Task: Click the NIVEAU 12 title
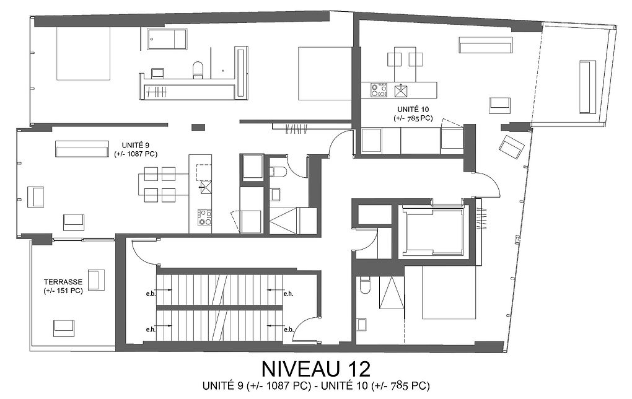point(315,368)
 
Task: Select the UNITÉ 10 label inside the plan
point(413,109)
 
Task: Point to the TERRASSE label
point(63,282)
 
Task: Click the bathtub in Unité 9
point(167,39)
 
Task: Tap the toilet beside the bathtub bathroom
point(198,70)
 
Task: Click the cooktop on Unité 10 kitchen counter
point(379,90)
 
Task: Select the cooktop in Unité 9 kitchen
point(204,217)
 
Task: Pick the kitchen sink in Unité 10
point(401,90)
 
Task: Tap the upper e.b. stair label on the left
point(151,294)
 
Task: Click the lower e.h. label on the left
point(151,329)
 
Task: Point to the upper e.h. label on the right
point(288,294)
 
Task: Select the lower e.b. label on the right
point(289,329)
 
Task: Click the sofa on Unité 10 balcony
point(587,87)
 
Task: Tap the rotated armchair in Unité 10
point(511,147)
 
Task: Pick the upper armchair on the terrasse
point(96,280)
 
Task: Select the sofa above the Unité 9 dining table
point(82,149)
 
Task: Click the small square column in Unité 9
point(198,128)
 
